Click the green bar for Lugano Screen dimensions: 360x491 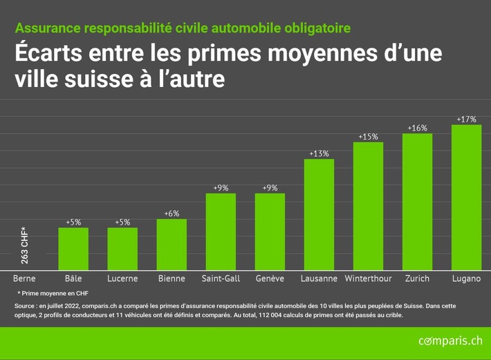(x=466, y=198)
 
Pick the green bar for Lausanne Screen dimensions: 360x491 (x=319, y=215)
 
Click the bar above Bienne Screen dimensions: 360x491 (x=172, y=245)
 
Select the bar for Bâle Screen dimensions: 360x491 (x=73, y=249)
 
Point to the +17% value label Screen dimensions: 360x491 (x=466, y=120)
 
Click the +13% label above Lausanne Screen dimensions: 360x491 (x=319, y=153)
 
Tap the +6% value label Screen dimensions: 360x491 (x=172, y=214)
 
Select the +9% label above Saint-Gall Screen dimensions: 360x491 (x=221, y=187)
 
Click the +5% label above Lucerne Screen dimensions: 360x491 (x=122, y=222)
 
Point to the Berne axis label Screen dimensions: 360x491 (x=24, y=278)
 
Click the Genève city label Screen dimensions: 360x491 (x=270, y=278)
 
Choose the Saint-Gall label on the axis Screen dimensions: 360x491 (x=221, y=278)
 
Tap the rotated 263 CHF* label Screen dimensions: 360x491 (x=25, y=246)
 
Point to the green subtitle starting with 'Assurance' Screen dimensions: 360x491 (x=182, y=28)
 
